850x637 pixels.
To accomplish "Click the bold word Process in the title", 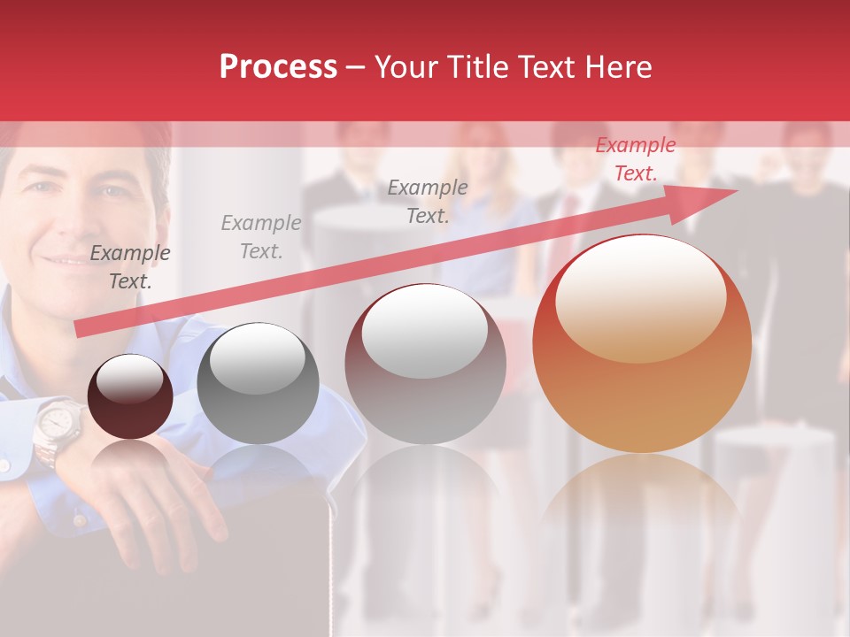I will click(x=278, y=67).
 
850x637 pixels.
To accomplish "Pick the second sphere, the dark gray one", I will click(x=258, y=384).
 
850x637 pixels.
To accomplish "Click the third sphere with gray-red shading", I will click(x=426, y=365).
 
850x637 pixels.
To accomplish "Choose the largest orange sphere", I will click(x=642, y=343).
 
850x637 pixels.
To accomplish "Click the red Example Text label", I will click(x=635, y=159).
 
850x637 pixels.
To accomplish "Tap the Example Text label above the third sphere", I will click(x=428, y=201).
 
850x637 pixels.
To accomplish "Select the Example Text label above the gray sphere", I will click(x=261, y=237).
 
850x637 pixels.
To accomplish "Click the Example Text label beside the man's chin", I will click(x=130, y=267).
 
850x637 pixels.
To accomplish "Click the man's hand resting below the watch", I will click(x=159, y=495).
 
